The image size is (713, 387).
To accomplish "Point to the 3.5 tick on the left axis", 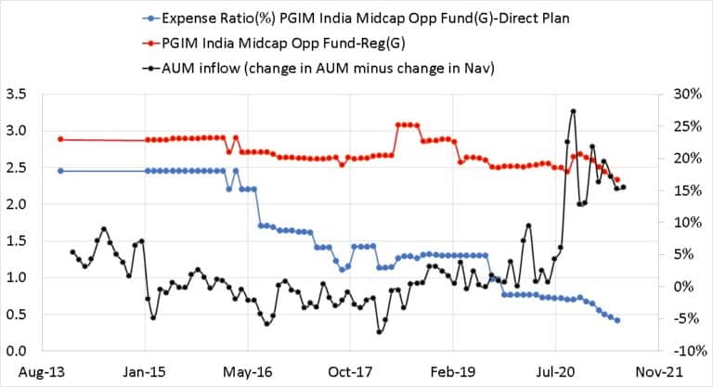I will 16,94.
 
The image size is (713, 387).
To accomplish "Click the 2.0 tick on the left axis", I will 16,204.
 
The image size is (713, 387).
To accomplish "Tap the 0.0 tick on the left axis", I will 16,351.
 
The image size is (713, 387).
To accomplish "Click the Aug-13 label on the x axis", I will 33,372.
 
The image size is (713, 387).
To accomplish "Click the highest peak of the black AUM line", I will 573,110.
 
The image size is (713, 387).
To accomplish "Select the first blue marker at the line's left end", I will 60,171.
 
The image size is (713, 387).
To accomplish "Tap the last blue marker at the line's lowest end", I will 617,320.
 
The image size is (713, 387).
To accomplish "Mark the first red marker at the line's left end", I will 60,139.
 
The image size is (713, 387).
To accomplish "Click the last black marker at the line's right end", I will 623,187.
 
